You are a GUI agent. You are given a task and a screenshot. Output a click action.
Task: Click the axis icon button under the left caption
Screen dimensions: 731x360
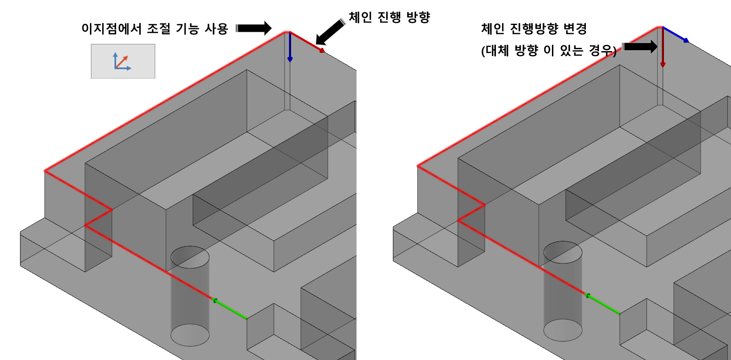pyautogui.click(x=123, y=61)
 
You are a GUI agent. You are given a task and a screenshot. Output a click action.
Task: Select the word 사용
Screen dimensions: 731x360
pyautogui.click(x=216, y=29)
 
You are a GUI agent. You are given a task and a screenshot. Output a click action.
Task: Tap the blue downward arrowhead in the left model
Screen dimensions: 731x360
pyautogui.click(x=290, y=59)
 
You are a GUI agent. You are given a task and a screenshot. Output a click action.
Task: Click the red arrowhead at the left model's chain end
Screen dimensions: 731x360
pyautogui.click(x=322, y=50)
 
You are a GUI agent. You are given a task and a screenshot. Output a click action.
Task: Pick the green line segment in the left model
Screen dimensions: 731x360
pyautogui.click(x=231, y=310)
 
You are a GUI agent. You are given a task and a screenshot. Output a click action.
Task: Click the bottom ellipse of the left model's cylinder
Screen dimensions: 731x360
pyautogui.click(x=190, y=335)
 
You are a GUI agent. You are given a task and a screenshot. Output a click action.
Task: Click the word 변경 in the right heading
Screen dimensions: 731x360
pyautogui.click(x=575, y=29)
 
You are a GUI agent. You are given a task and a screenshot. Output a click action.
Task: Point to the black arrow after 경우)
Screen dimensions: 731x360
pyautogui.click(x=640, y=46)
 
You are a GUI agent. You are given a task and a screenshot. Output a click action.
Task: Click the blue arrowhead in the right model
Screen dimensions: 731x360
pyautogui.click(x=686, y=40)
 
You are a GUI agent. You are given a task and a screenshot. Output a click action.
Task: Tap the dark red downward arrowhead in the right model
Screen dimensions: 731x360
pyautogui.click(x=663, y=64)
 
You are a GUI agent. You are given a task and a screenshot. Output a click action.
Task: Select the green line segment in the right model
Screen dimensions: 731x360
pyautogui.click(x=604, y=305)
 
